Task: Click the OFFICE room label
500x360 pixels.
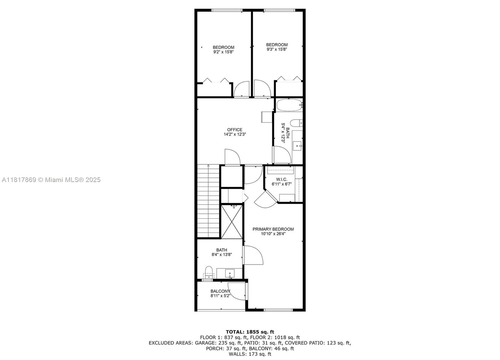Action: (x=235, y=130)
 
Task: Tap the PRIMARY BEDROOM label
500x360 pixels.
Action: (x=273, y=229)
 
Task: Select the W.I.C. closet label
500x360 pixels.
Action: (x=282, y=179)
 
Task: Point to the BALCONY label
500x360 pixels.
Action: (x=220, y=291)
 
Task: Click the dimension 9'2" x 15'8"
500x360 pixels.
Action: (x=223, y=52)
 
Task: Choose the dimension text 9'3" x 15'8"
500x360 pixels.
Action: (x=277, y=49)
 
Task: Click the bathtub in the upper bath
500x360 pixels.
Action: (x=289, y=105)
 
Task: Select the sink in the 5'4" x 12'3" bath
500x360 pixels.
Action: (x=297, y=146)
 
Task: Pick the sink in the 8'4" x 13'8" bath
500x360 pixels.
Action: (x=230, y=273)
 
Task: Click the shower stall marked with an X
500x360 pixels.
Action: (x=232, y=222)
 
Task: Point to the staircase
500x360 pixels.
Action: (x=208, y=201)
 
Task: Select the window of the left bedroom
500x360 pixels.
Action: (x=227, y=10)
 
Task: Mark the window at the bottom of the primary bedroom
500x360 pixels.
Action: (x=278, y=310)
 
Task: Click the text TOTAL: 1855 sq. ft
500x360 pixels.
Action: (x=250, y=332)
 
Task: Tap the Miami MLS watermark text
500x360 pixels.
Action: (x=51, y=180)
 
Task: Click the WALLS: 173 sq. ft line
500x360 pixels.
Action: (x=250, y=354)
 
